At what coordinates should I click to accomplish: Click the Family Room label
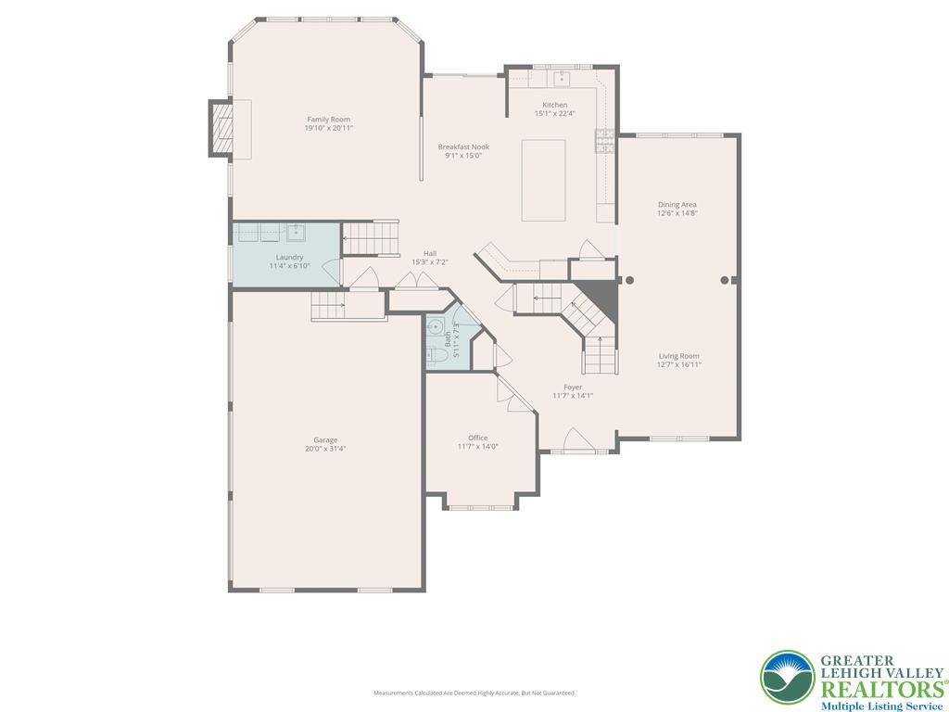(328, 119)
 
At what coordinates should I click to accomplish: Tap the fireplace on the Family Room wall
(222, 128)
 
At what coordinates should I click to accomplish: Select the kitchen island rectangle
(543, 180)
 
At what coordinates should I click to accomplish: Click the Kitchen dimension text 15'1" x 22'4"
(554, 114)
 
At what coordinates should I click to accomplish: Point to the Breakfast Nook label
(463, 146)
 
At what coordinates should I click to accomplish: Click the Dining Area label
(677, 204)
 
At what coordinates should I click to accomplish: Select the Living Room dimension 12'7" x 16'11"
(679, 365)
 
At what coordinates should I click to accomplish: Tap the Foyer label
(573, 387)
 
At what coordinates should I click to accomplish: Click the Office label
(477, 438)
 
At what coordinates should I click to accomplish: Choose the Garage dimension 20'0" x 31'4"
(324, 449)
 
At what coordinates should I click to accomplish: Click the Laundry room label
(289, 257)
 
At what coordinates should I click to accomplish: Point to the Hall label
(430, 253)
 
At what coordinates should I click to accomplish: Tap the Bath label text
(448, 339)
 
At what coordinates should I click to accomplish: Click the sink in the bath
(435, 326)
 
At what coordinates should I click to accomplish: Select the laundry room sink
(297, 231)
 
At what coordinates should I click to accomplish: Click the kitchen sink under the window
(561, 78)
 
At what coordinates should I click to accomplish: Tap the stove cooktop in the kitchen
(604, 140)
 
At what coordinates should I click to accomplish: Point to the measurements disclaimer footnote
(474, 693)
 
